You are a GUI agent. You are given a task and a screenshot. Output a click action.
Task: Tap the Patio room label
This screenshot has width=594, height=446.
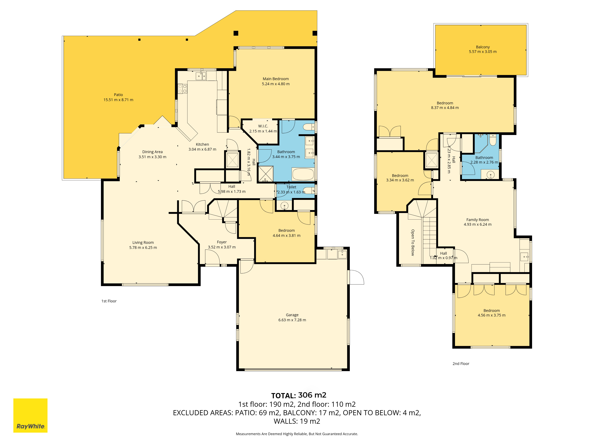(118, 95)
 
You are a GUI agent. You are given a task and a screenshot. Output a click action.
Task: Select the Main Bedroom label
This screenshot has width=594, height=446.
(276, 79)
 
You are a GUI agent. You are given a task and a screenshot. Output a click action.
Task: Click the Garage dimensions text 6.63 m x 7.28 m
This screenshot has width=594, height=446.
(292, 320)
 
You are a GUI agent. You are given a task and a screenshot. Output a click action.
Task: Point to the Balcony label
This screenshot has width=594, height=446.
(483, 47)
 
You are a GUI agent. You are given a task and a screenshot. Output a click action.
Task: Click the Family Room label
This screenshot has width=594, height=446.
(477, 220)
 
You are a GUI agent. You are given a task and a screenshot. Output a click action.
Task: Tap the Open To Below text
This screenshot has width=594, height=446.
(413, 242)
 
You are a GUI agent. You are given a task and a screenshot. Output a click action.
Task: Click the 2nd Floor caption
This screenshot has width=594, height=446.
(461, 364)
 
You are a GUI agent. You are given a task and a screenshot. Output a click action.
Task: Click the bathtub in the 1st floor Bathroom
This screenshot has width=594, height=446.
(303, 174)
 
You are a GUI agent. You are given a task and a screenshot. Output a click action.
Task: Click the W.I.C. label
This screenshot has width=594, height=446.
(263, 126)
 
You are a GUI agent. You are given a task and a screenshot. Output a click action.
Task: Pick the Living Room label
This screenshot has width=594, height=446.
(143, 242)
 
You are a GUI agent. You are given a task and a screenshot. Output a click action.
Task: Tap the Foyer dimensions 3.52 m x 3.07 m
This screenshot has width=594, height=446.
(222, 247)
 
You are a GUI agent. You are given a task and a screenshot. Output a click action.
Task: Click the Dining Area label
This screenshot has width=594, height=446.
(153, 152)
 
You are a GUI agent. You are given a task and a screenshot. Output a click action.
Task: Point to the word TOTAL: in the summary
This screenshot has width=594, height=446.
(283, 396)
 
